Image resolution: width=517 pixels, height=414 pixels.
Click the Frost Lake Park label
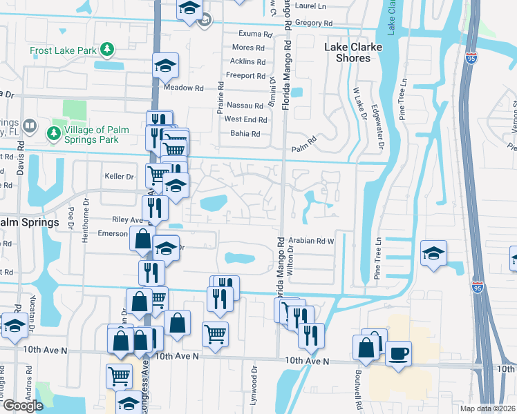tap(63, 50)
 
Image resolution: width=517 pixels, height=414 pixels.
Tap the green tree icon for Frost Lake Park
tap(106, 49)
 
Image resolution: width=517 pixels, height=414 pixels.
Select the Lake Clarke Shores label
tap(357, 52)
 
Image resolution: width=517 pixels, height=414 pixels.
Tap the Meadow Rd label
tap(184, 88)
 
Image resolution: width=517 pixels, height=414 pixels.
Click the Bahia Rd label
tap(245, 134)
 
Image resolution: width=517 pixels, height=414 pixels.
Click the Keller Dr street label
tap(118, 177)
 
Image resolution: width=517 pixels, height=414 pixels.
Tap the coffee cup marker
tap(398, 355)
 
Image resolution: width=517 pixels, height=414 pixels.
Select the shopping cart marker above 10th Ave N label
tap(215, 335)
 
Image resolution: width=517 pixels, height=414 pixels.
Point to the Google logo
tap(22, 406)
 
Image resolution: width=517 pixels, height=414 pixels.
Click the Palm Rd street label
tap(303, 146)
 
